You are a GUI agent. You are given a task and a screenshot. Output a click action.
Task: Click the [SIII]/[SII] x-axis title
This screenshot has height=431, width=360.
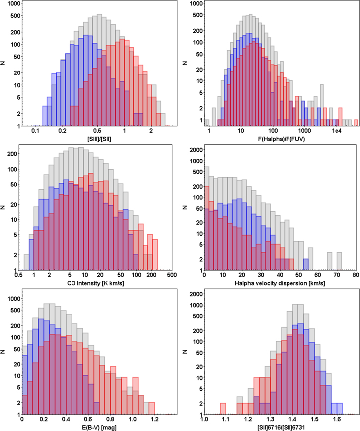coord(99,139)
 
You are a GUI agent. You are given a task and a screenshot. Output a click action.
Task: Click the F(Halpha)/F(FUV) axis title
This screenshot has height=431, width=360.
coord(281,139)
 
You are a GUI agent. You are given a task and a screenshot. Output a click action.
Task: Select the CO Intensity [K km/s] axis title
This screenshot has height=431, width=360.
coord(95,283)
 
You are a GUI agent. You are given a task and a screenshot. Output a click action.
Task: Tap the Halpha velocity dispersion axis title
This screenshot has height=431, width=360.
coord(280,283)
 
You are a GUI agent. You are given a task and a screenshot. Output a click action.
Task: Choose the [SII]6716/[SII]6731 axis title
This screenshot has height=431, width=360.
coord(281,427)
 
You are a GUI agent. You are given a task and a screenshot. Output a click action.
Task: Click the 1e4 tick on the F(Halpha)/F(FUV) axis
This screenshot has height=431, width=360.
coord(336,131)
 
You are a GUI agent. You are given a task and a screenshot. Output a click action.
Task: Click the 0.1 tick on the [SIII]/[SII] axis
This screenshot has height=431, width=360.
coord(35,131)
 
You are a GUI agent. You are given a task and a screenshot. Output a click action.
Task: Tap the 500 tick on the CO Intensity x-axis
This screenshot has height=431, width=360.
coord(172,275)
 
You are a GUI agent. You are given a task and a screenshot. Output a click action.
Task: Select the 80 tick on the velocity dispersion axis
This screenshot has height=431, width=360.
coord(356,275)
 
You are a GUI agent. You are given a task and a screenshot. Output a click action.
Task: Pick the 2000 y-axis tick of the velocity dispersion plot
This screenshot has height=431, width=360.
coord(197,150)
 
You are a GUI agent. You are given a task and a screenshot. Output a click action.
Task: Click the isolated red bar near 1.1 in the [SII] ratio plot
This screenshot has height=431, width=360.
coord(223,409)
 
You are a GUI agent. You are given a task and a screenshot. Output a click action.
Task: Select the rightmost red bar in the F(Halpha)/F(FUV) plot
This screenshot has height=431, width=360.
coord(356,123)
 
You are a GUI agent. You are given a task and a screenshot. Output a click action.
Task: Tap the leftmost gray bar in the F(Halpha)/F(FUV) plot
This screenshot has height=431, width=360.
coord(207,123)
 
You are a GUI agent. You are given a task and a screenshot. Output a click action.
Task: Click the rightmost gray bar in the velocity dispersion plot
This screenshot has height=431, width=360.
coord(339,261)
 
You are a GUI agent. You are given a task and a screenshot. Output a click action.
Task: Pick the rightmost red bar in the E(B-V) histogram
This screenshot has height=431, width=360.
coord(152,409)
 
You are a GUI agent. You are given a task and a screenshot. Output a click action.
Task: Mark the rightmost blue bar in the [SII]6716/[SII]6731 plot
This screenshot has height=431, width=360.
coord(339,409)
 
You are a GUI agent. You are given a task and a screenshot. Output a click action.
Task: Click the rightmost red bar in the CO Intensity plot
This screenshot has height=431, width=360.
coord(155,255)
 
